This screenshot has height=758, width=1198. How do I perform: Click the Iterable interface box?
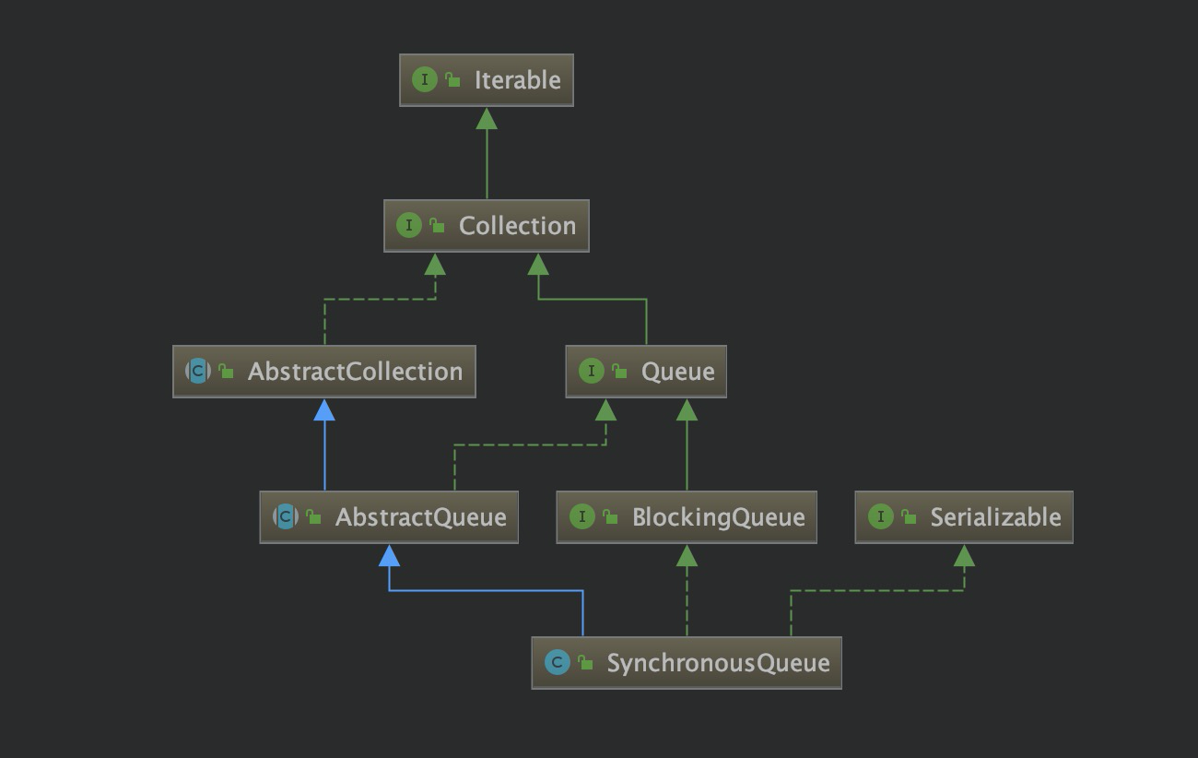coord(486,80)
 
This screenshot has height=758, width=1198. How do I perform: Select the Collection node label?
coord(517,226)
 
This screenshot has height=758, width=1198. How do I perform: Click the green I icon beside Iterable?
coord(424,79)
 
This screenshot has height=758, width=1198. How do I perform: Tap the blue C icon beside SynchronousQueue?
coord(557,662)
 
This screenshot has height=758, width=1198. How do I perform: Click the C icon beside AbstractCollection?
coord(197,371)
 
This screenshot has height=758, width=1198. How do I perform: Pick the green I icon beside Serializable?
coord(880,516)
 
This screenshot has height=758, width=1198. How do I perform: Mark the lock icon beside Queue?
coord(620,372)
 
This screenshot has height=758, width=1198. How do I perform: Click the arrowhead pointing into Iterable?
coord(487,117)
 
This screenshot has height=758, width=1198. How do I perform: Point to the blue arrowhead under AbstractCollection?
coord(324,409)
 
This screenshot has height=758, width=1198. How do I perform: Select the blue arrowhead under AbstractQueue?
coord(389,554)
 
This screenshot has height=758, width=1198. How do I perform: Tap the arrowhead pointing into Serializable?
coord(964,554)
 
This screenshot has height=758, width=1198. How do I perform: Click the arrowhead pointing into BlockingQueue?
coord(687,554)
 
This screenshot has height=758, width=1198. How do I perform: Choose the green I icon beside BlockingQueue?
coord(581,516)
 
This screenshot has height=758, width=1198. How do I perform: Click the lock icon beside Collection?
coord(438,226)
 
